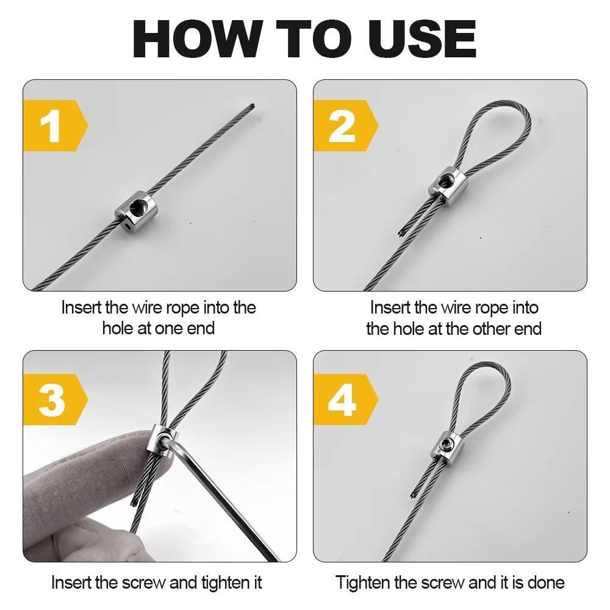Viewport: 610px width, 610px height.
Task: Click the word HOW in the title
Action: (198, 38)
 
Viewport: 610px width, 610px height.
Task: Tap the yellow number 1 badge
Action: (56, 126)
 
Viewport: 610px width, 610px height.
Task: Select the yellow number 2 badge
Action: (346, 126)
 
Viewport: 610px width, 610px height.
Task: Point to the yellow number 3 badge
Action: (56, 399)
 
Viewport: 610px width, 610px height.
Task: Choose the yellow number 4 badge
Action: (346, 399)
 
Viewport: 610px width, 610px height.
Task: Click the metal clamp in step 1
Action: (136, 210)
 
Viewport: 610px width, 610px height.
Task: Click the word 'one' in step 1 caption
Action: (169, 329)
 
